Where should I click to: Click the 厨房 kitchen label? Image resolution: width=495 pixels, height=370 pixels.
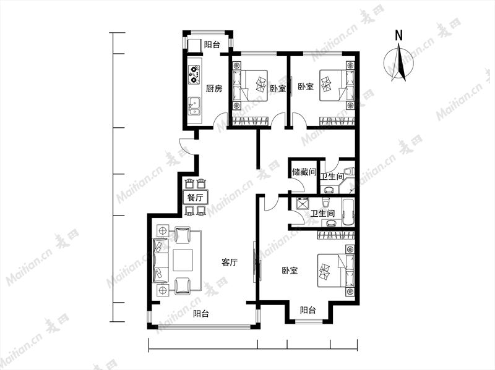point(213,88)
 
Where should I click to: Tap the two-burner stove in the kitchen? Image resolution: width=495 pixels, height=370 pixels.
point(194,75)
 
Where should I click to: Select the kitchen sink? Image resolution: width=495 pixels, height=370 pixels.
point(194,106)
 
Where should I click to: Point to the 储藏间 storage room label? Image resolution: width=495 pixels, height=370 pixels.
point(304,172)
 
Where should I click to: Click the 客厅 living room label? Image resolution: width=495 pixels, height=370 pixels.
point(230,263)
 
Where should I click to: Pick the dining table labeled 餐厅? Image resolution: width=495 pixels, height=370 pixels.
point(195,198)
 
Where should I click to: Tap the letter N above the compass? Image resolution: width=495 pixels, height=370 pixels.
point(399,35)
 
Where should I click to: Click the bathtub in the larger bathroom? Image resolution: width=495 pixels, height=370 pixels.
point(348,212)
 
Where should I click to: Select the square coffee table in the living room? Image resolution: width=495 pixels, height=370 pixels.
point(183,260)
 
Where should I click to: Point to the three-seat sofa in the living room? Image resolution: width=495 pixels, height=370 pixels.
point(161,260)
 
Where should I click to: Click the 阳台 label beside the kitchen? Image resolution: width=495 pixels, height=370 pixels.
point(212,44)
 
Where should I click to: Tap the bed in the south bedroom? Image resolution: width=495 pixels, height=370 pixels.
point(336,271)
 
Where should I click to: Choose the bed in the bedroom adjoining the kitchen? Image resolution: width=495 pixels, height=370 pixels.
point(250,85)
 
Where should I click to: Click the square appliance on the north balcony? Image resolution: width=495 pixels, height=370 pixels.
point(194,45)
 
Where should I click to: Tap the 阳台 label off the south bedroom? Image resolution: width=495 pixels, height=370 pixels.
point(308,310)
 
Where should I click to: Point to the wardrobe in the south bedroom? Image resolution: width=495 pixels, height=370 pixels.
point(336,235)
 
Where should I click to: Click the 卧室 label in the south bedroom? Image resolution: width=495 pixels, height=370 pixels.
point(290,271)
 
